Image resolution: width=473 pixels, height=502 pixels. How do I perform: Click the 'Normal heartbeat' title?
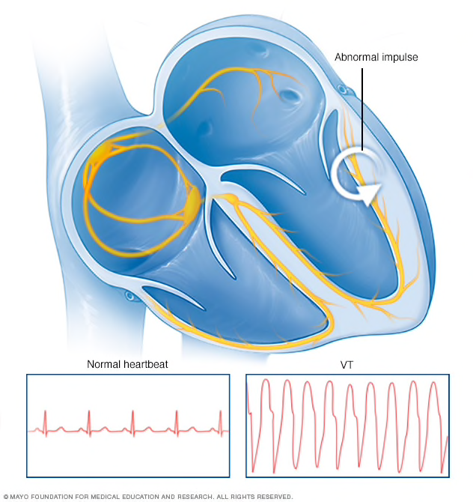127,365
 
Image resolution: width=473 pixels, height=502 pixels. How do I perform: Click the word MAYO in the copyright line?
22,496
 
